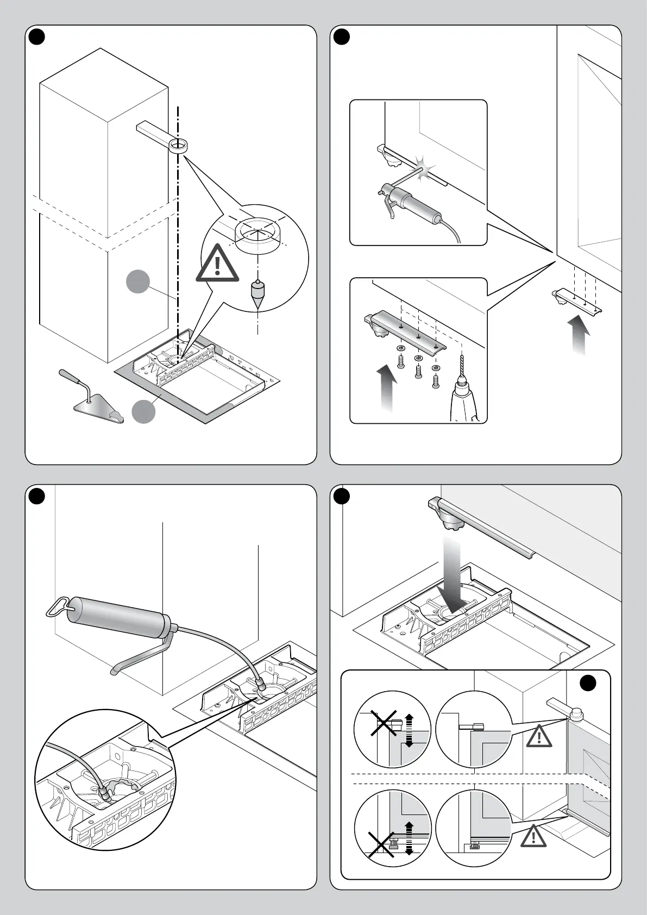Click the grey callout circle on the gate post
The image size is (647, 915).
(138, 282)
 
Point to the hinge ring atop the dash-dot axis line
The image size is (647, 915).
(177, 146)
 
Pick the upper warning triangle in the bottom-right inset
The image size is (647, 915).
(538, 735)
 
